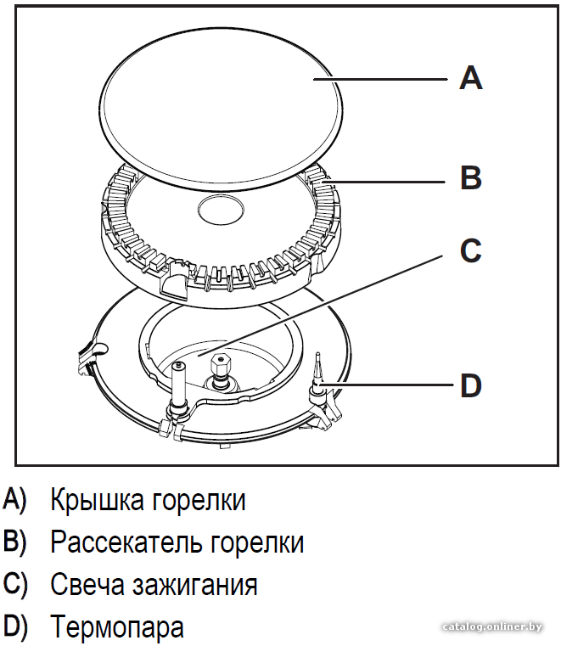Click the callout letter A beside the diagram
471,78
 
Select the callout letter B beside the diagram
471,177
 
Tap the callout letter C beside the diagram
470,250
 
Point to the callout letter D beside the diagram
471,385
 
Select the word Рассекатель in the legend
126,542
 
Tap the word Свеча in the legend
87,584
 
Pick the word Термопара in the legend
117,627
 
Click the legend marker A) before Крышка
14,500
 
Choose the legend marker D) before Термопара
14,626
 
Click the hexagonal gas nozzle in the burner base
221,365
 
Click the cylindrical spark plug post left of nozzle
180,382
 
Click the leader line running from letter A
380,79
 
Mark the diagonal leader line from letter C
319,306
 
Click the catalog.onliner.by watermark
491,627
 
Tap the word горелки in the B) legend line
257,543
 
